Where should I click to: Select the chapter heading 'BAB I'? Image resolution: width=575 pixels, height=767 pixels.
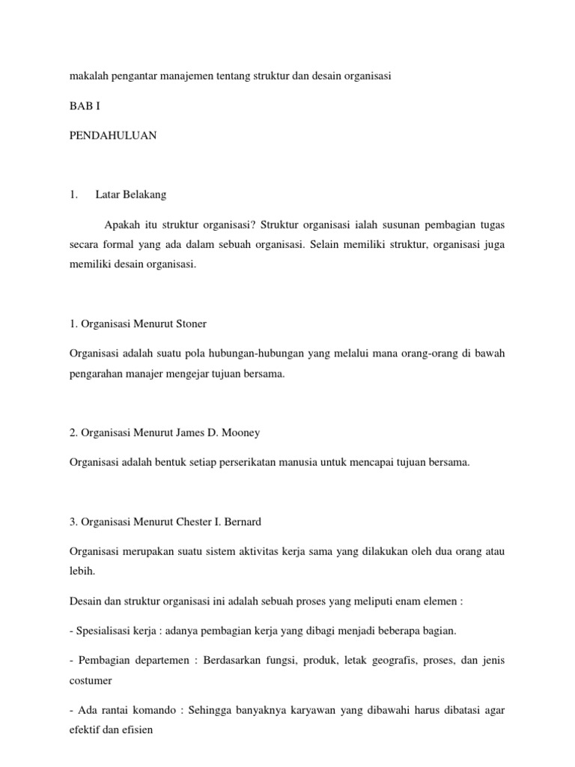(85, 106)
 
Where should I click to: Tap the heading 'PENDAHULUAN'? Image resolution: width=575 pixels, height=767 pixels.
(113, 136)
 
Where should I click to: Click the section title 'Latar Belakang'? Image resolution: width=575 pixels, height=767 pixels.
(131, 195)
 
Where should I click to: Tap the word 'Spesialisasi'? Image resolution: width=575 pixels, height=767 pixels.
(100, 631)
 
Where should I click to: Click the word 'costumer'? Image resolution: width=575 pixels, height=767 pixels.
(91, 680)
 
